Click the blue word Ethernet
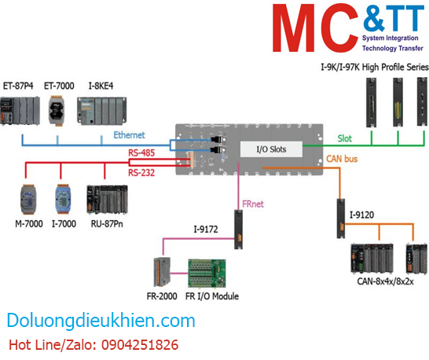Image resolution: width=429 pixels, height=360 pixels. pyautogui.click(x=130, y=134)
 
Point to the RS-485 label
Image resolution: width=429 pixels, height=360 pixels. pyautogui.click(x=142, y=154)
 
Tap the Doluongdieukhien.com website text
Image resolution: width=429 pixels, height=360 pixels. pyautogui.click(x=101, y=321)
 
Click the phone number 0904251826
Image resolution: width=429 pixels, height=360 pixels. pyautogui.click(x=134, y=345)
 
